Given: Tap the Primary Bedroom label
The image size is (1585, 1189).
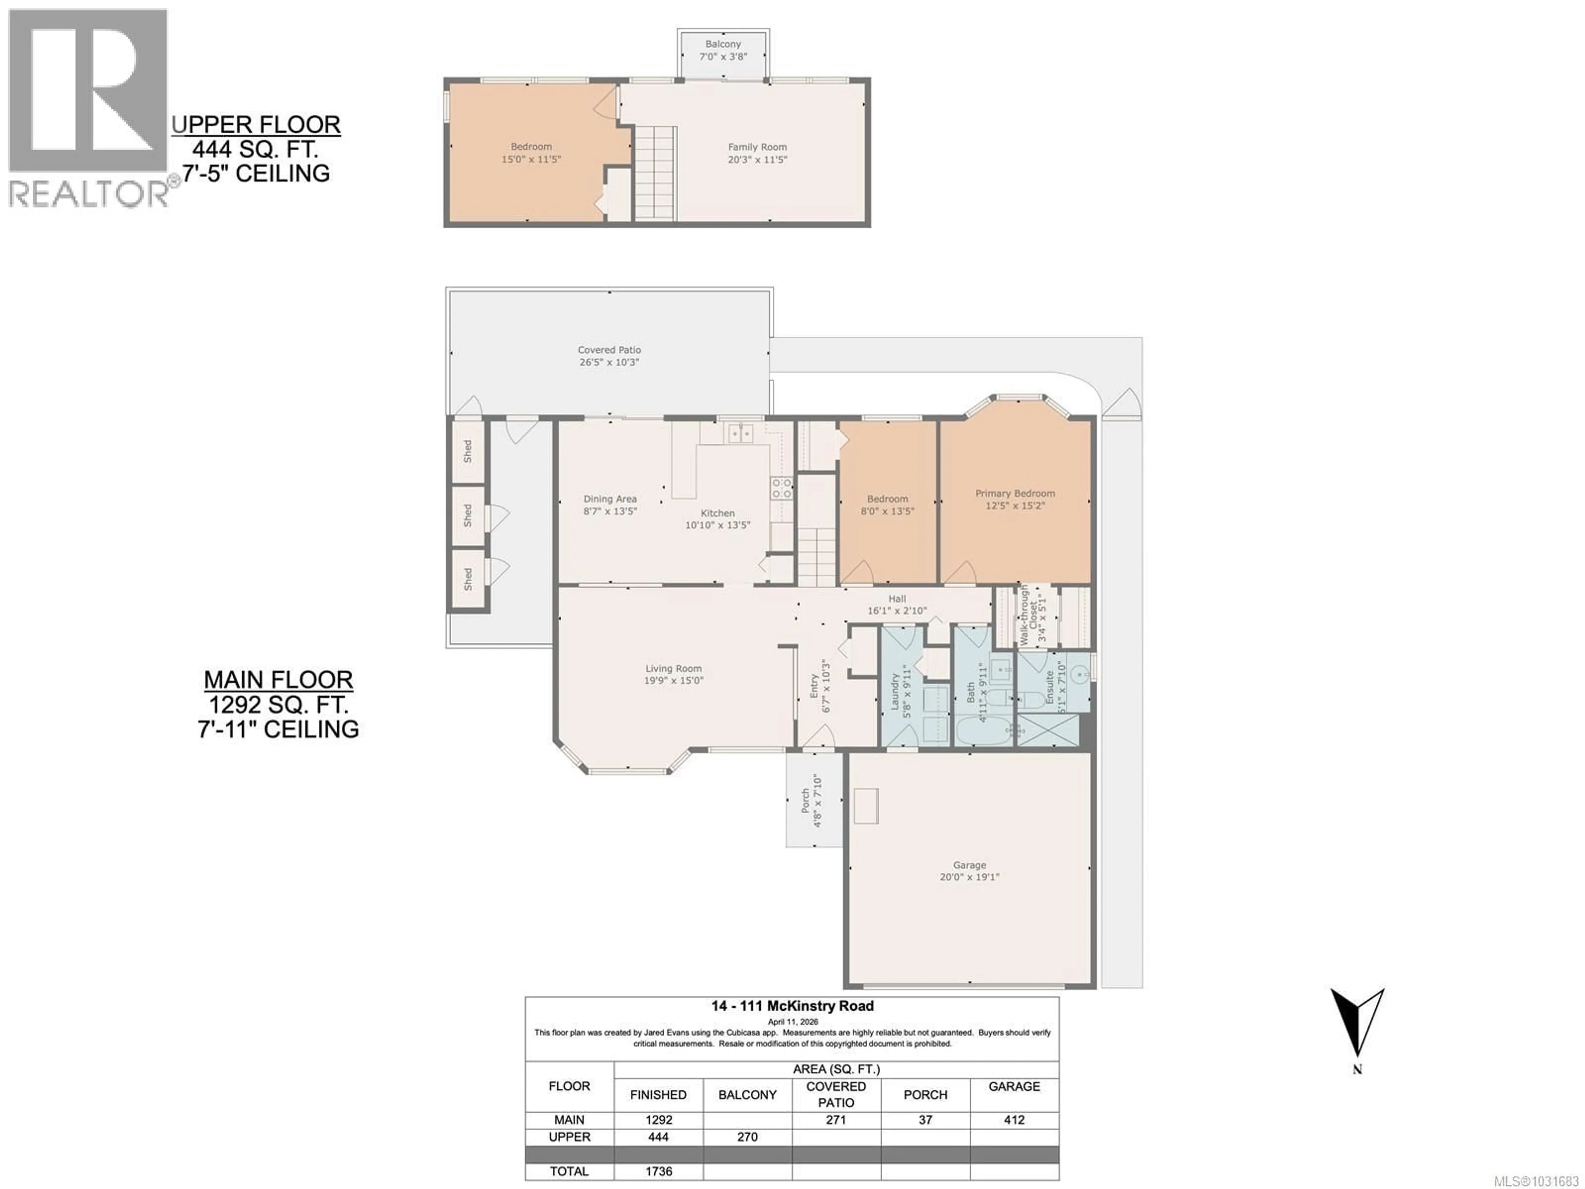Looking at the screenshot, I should pyautogui.click(x=1015, y=493).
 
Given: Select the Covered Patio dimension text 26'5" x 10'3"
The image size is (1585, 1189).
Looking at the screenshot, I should pyautogui.click(x=609, y=362).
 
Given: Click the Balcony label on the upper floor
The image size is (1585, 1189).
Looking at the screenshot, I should pyautogui.click(x=723, y=44).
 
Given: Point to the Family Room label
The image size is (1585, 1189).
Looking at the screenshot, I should pyautogui.click(x=757, y=147).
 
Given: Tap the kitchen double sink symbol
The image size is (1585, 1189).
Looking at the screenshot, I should pyautogui.click(x=740, y=433).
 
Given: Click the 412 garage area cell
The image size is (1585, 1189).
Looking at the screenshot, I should pyautogui.click(x=1014, y=1120).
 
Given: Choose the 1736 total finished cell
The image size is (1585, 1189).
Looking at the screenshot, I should pyautogui.click(x=658, y=1171).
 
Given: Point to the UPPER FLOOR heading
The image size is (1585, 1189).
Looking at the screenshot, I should pyautogui.click(x=256, y=125).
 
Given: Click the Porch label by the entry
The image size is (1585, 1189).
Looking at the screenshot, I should pyautogui.click(x=806, y=801).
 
